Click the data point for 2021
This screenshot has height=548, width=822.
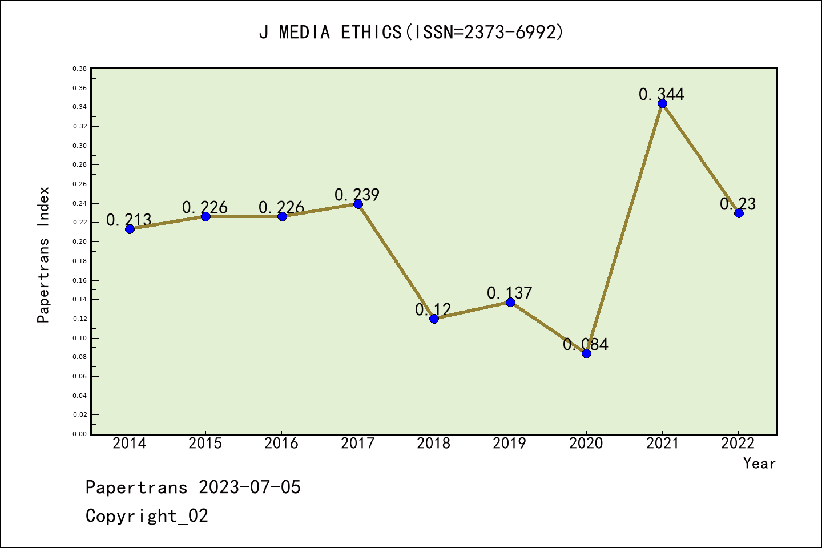[x=662, y=103]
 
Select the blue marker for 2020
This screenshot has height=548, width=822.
[x=586, y=353]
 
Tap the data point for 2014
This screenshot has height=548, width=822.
[x=130, y=229]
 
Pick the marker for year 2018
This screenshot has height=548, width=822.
[x=434, y=319]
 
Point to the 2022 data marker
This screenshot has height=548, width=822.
[x=739, y=213]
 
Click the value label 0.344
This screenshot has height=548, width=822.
[x=661, y=94]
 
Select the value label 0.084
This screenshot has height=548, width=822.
[x=586, y=344]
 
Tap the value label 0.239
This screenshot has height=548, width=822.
[x=357, y=195]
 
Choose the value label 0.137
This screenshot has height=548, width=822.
[x=509, y=293]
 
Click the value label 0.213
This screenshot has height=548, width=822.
[x=129, y=220]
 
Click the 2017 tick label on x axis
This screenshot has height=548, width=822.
[x=358, y=444]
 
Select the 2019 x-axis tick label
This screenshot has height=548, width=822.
[x=510, y=444]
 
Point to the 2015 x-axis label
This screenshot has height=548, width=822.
[x=205, y=444]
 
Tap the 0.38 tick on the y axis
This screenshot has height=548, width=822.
[x=79, y=68]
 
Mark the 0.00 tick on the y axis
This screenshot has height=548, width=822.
[x=79, y=434]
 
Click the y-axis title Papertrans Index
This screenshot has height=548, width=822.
[x=43, y=255]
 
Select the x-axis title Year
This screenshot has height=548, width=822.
[x=759, y=464]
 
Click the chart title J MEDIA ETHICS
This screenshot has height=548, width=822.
[x=411, y=32]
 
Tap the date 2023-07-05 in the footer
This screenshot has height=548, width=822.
[x=249, y=487]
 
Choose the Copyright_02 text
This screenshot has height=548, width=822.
[x=147, y=516]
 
